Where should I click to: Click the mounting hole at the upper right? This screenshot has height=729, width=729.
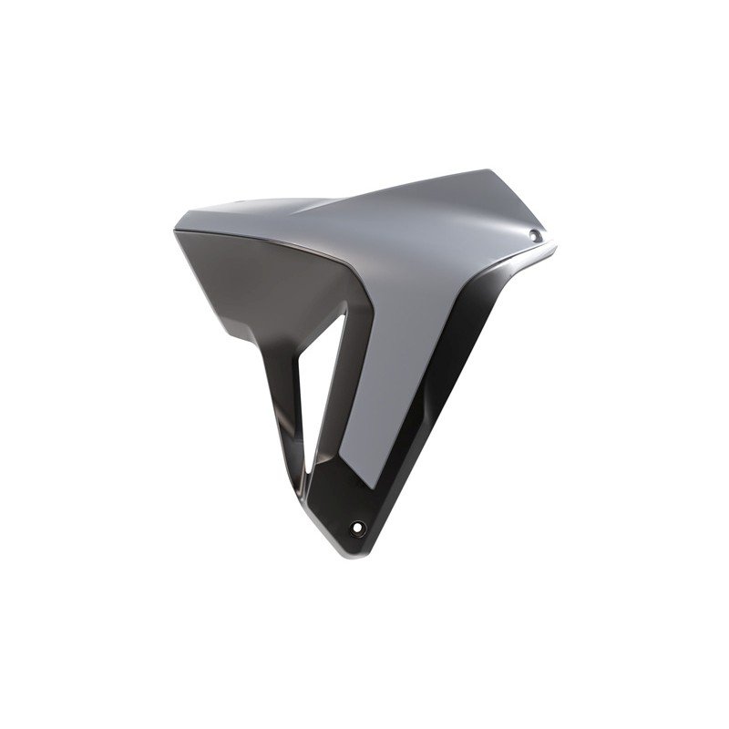[535, 236]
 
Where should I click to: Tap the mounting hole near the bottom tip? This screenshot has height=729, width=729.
[358, 528]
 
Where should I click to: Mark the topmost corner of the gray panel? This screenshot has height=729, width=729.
[488, 170]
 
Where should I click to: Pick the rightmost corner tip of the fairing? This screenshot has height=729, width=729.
[554, 244]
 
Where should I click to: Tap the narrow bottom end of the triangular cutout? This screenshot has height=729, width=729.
[311, 469]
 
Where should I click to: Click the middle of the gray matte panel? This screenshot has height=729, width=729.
[410, 292]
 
